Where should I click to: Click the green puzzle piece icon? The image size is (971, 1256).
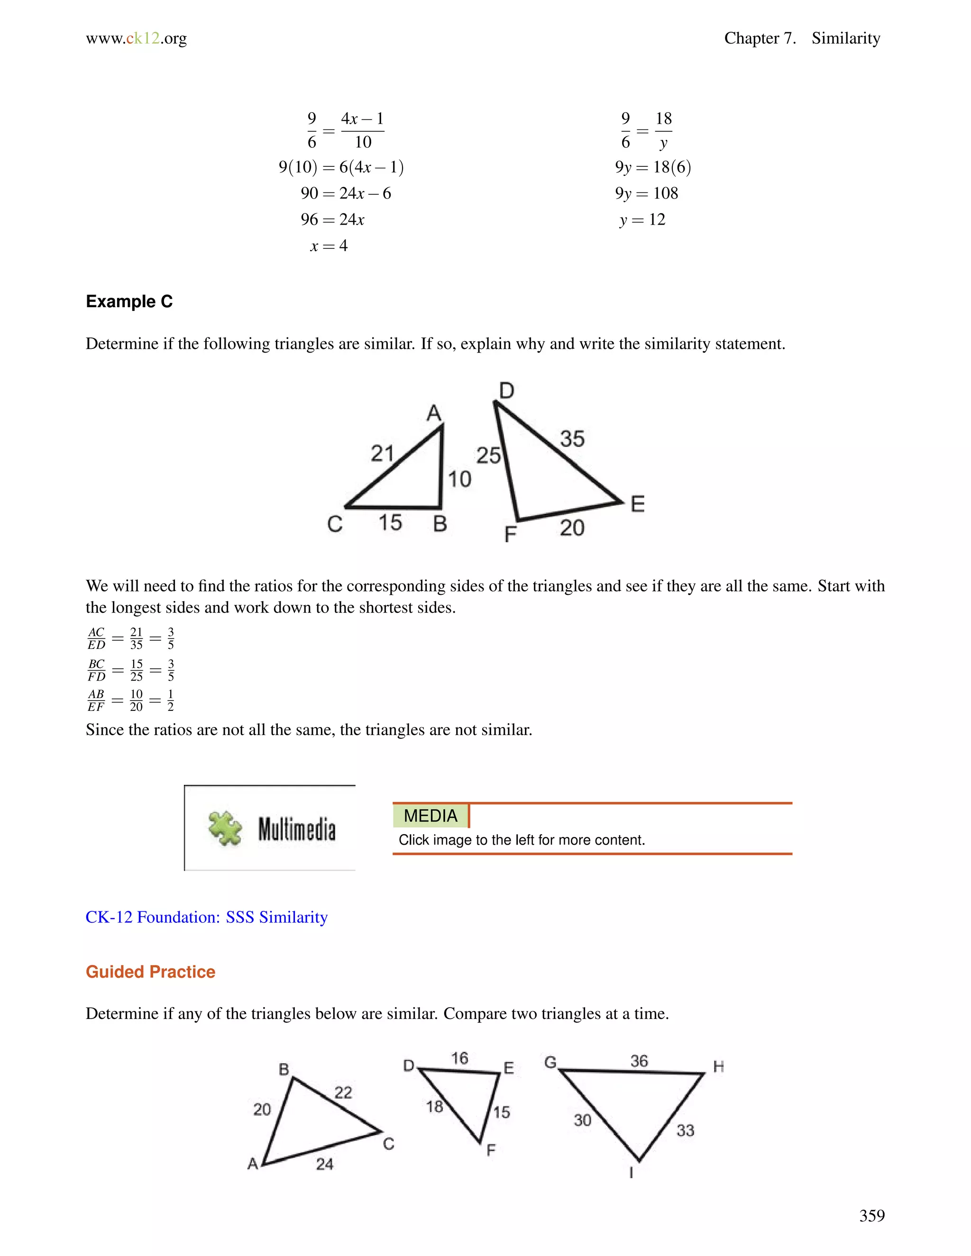[x=225, y=828]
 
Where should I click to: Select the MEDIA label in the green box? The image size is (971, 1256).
[x=431, y=816]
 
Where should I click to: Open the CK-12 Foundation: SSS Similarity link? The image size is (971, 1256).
[x=207, y=917]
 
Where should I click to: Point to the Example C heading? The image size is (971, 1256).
[x=129, y=301]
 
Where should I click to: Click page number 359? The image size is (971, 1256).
[x=871, y=1215]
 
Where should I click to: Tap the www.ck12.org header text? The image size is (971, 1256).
[x=137, y=38]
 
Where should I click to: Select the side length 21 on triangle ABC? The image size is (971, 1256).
[x=382, y=453]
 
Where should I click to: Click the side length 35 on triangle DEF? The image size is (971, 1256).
[x=572, y=439]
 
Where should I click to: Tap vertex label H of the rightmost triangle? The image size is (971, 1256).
[x=718, y=1067]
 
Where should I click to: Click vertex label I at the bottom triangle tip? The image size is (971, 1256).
[x=632, y=1172]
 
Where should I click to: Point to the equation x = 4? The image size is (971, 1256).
[x=329, y=246]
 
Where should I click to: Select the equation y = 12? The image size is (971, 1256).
[x=642, y=220]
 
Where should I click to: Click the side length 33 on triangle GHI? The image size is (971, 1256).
[x=685, y=1130]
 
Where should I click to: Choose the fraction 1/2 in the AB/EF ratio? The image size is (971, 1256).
[x=170, y=701]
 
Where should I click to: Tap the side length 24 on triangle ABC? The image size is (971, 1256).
[x=324, y=1164]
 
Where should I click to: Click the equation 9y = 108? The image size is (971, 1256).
[x=647, y=193]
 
